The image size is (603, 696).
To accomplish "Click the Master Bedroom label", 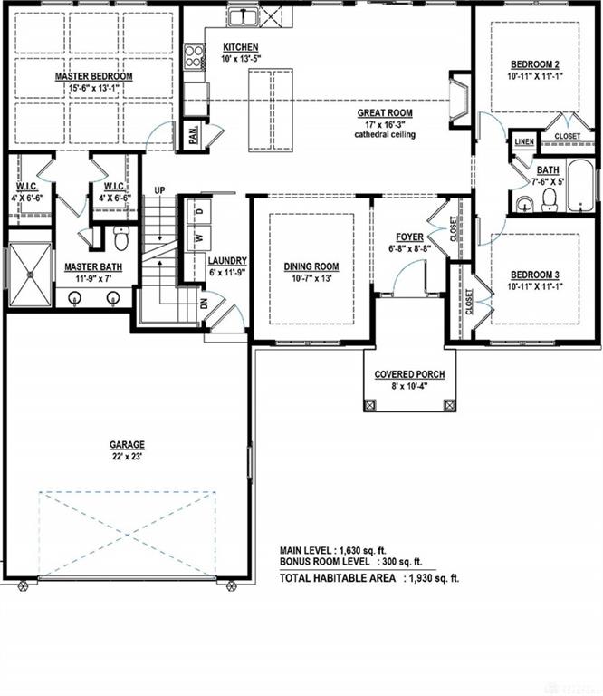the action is click(93, 76).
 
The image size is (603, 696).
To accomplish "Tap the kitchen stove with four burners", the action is click(194, 56).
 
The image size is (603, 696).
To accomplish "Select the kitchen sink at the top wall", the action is click(243, 18).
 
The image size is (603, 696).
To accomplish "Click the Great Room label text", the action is click(385, 113).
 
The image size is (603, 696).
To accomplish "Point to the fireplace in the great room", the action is click(459, 101).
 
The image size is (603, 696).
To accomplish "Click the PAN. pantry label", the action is click(193, 133).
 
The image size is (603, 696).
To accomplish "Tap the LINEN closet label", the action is click(524, 141).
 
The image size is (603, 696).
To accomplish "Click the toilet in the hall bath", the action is click(550, 199).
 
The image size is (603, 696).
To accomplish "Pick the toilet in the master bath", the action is click(120, 239).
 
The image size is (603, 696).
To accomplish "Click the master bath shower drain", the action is click(31, 275).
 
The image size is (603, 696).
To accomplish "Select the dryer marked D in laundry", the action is click(199, 211).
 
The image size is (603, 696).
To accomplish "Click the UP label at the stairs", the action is click(159, 190).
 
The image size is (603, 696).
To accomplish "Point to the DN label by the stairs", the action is click(204, 304).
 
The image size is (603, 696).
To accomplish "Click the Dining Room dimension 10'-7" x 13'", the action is click(311, 279).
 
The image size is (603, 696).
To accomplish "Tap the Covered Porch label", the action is click(409, 374).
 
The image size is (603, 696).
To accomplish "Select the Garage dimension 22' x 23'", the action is click(128, 456).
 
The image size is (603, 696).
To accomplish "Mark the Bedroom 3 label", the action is click(535, 275).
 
